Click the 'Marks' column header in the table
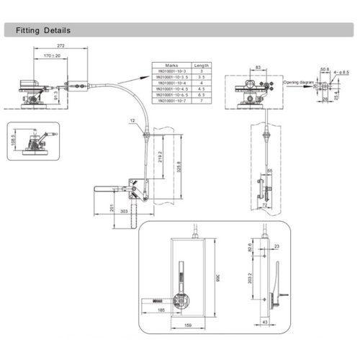[x=172, y=65]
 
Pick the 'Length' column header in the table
[x=202, y=65]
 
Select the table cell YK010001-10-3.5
[x=172, y=77]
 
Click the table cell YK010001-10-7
[x=172, y=100]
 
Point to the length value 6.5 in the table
[x=202, y=94]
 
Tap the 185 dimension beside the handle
[x=160, y=308]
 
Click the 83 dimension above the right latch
[x=258, y=67]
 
